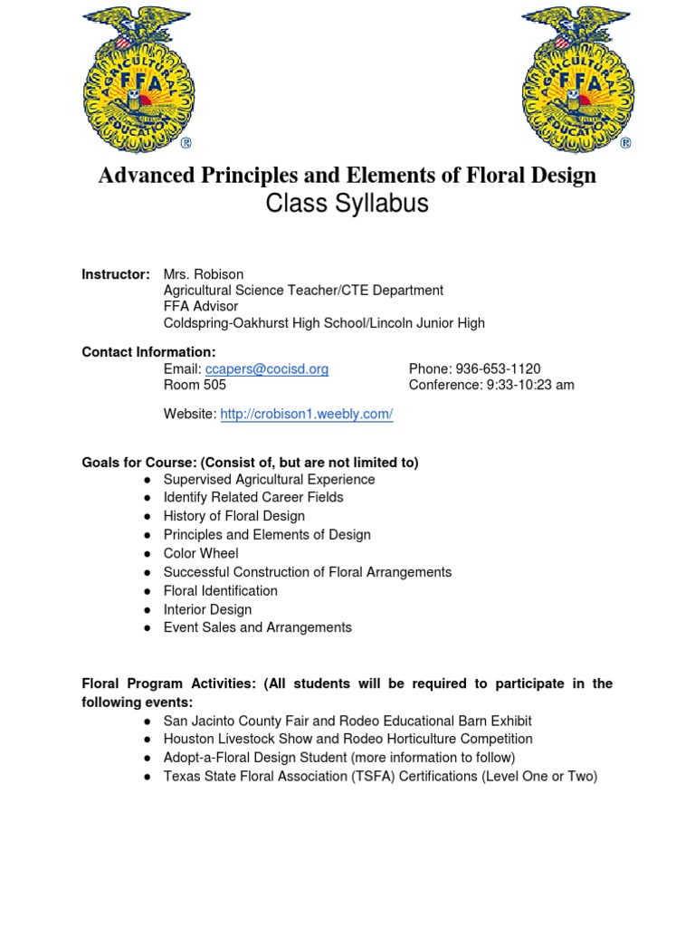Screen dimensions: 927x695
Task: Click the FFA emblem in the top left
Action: [x=138, y=78]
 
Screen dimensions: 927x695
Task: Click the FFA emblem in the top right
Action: [x=576, y=78]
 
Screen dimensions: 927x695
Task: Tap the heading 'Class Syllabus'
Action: [x=347, y=205]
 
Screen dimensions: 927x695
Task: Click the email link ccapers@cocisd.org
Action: [x=267, y=368]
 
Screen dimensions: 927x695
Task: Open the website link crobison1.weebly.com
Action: [x=307, y=414]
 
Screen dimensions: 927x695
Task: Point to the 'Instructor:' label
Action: [x=116, y=273]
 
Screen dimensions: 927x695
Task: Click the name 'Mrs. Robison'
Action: [x=204, y=273]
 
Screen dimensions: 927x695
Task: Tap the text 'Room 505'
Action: [x=195, y=385]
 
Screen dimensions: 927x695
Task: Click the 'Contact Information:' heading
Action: [x=148, y=351]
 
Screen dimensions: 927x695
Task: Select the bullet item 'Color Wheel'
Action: [x=201, y=553]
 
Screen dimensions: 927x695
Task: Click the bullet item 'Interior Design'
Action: [x=207, y=609]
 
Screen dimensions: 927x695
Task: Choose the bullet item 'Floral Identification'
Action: [x=220, y=590]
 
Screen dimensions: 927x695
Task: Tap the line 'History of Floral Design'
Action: [x=233, y=516]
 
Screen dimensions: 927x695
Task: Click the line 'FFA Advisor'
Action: [x=201, y=306]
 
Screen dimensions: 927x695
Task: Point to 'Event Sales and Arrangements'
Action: [x=257, y=627]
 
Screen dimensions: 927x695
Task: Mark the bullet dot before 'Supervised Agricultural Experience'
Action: [x=147, y=479]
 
